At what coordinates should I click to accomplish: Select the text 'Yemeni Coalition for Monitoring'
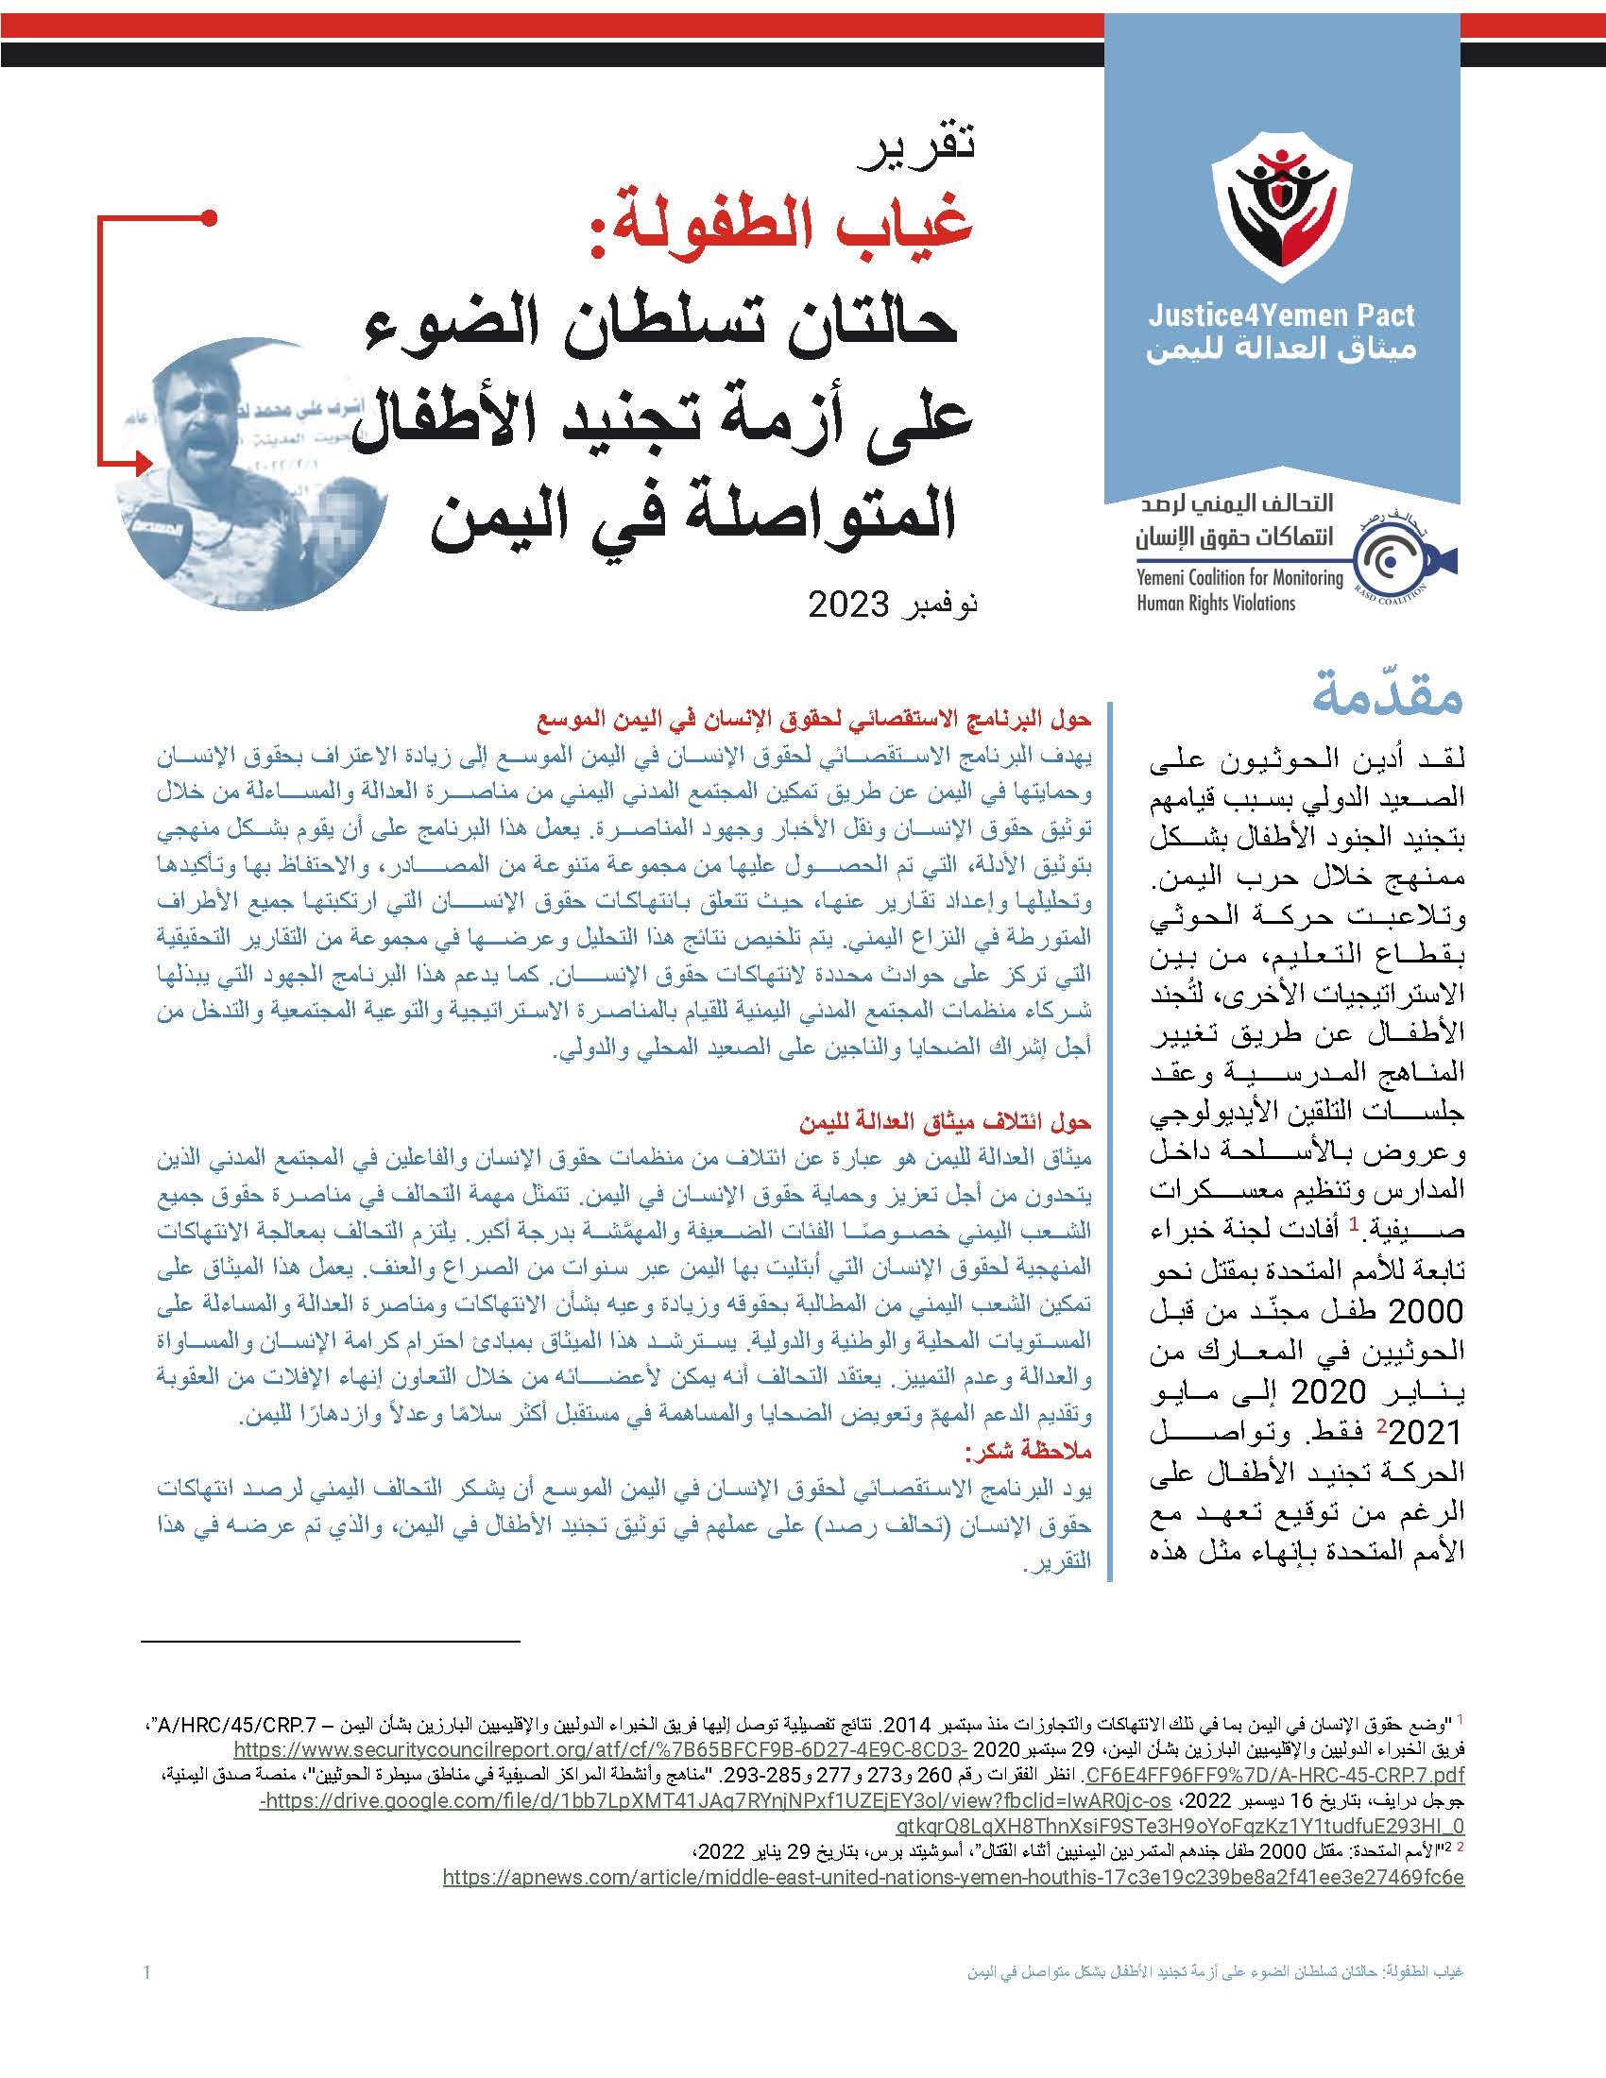click(1239, 578)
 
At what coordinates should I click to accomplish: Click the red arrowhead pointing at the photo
click(143, 463)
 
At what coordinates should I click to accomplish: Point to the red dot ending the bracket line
click(213, 219)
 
